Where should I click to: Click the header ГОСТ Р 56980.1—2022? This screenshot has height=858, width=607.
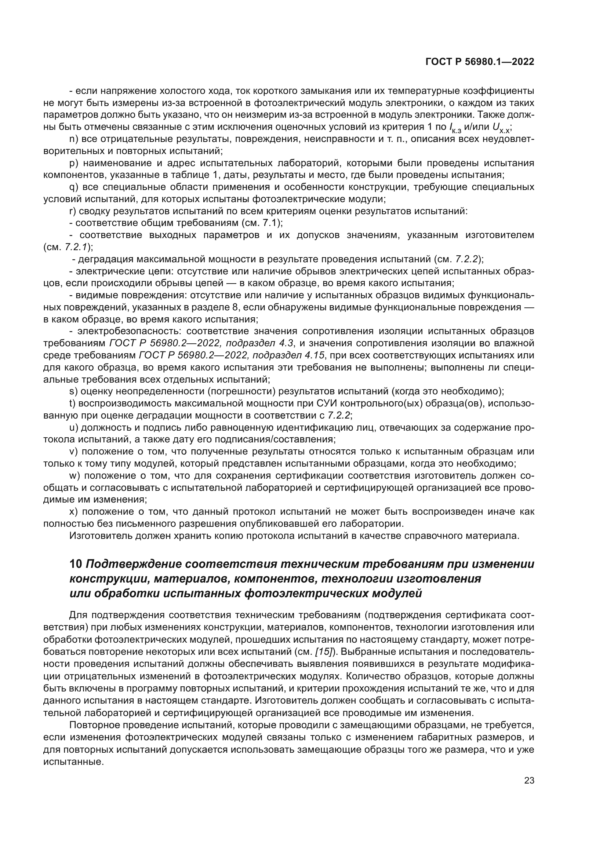point(480,62)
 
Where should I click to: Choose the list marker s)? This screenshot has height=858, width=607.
point(73,391)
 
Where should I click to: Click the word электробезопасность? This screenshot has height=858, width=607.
point(129,332)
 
